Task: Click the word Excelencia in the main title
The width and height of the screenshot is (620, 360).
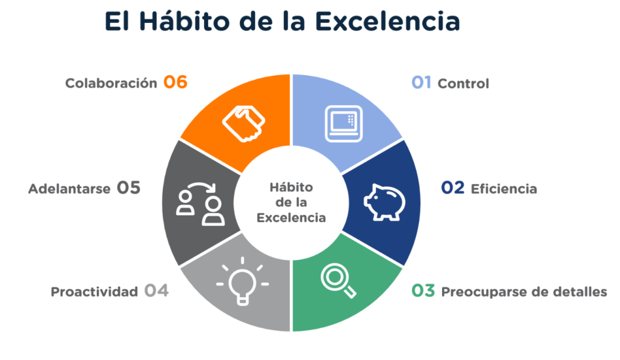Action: [x=387, y=21]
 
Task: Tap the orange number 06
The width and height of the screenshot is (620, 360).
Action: [x=176, y=82]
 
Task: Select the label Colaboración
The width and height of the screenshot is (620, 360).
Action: [x=111, y=83]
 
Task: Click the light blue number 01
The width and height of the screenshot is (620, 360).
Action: [x=421, y=83]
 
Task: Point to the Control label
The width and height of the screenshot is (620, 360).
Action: [x=463, y=83]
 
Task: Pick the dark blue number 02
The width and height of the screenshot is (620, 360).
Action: [x=453, y=188]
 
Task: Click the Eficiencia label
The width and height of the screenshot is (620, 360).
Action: [x=504, y=189]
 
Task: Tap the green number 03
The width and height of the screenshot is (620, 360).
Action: [x=423, y=291]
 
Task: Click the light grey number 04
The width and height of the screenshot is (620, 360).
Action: [x=156, y=291]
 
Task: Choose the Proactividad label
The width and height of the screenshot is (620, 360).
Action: [x=94, y=292]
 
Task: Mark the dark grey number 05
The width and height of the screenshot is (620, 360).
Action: [x=128, y=188]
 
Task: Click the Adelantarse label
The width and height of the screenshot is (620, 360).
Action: [x=69, y=189]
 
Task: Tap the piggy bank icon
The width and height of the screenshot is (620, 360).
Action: [x=384, y=202]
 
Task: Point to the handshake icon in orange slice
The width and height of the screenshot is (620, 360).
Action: [x=243, y=123]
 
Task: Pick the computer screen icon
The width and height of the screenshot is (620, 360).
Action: [x=344, y=123]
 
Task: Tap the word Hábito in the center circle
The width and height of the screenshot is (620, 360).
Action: [x=291, y=188]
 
